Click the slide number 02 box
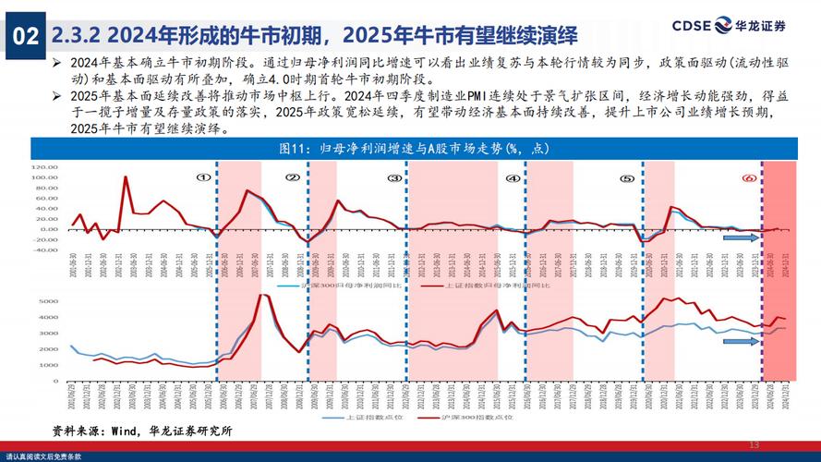tap(25, 36)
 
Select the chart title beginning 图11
tap(410, 149)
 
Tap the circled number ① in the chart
tap(203, 178)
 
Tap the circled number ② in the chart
tap(292, 178)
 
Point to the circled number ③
tap(394, 178)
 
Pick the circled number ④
tap(513, 178)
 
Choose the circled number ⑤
tap(627, 178)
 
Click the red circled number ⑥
tap(749, 178)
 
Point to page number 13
tap(754, 445)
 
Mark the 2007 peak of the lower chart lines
tap(262, 296)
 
